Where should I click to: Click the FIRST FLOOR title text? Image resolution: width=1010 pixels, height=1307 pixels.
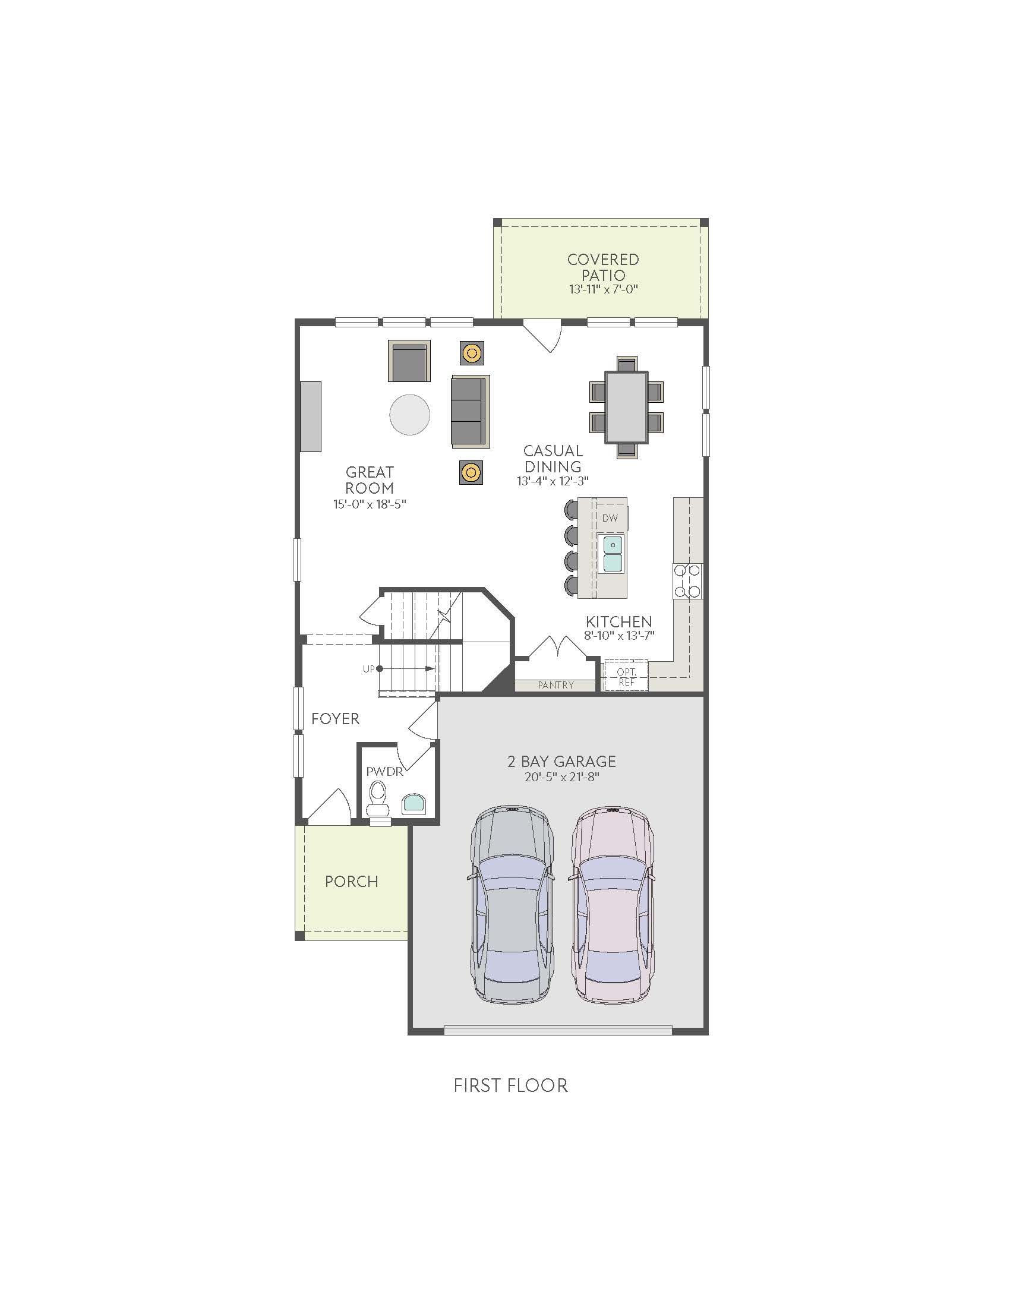click(510, 1085)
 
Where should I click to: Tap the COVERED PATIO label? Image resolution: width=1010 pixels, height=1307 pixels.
click(603, 267)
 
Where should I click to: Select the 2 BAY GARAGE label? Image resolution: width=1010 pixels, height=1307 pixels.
click(561, 761)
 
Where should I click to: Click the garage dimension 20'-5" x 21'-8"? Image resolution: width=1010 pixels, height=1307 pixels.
click(561, 778)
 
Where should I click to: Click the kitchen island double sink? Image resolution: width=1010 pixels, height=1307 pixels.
click(613, 554)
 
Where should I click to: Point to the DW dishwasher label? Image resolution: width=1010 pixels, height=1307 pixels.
click(610, 518)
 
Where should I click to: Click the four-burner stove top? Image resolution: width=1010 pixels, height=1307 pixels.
click(687, 581)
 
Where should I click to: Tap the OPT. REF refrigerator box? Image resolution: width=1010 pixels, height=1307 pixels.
click(626, 676)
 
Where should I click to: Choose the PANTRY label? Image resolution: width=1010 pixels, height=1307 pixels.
click(555, 685)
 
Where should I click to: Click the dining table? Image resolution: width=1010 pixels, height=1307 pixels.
click(626, 407)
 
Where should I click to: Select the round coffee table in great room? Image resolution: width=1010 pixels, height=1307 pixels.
click(410, 414)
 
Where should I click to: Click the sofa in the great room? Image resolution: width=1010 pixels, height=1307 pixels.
click(471, 411)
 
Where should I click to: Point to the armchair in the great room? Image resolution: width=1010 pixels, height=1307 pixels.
click(409, 361)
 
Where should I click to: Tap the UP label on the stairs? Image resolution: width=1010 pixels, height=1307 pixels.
click(368, 668)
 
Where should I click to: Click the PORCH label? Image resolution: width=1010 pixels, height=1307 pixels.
click(351, 882)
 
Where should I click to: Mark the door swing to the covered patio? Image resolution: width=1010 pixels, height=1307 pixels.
click(542, 336)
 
